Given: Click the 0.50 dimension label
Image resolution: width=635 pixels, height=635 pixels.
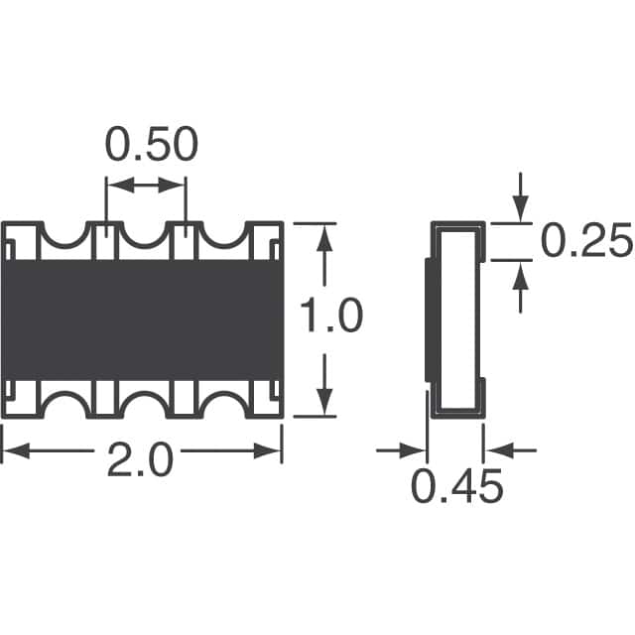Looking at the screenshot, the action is [x=152, y=145].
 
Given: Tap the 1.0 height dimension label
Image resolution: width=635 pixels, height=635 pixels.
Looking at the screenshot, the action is [x=330, y=316].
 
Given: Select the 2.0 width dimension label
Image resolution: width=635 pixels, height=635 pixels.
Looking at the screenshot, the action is [x=140, y=459].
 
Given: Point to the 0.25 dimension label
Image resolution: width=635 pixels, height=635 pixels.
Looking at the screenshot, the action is [x=586, y=240].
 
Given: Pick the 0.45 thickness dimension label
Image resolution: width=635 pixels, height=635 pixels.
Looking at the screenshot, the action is [x=456, y=486].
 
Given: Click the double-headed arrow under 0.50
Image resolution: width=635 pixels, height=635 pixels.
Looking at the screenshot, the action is [x=146, y=186].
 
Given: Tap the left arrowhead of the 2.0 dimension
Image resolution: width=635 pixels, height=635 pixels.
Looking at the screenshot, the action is [x=16, y=450].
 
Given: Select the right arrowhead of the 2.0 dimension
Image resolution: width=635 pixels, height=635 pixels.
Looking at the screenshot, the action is [x=267, y=450].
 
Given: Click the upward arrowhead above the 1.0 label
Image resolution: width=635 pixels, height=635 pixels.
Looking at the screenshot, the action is [x=324, y=240].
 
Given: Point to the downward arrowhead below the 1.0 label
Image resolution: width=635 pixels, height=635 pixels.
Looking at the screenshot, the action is [x=324, y=401].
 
